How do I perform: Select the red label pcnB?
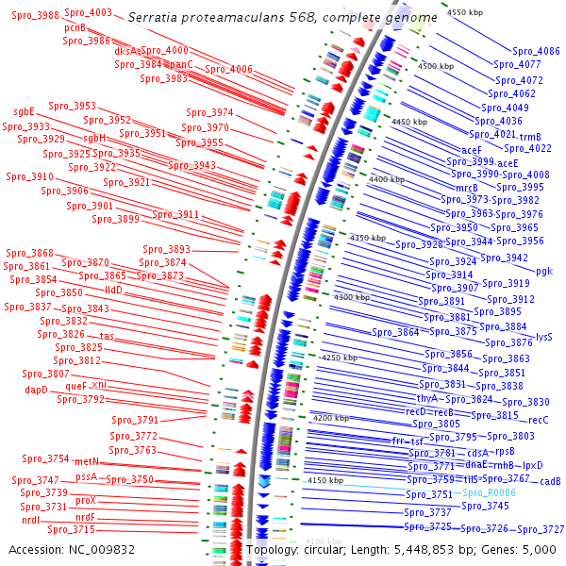75,28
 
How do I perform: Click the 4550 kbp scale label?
465,12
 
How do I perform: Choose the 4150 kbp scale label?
325,480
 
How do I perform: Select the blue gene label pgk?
544,271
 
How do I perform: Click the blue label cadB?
551,481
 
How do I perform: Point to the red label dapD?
36,390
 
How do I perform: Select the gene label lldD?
114,290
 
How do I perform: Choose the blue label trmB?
530,137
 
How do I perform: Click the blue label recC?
538,420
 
